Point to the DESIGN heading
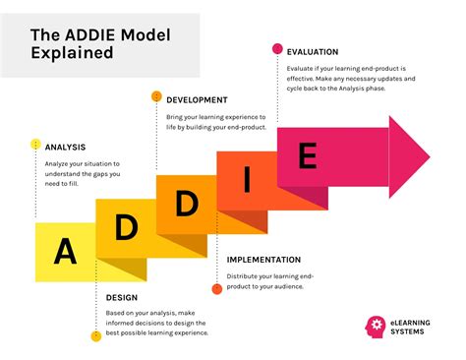click(x=121, y=297)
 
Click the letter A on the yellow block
click(x=65, y=251)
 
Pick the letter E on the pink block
click(x=307, y=156)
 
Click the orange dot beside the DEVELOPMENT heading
click(x=156, y=96)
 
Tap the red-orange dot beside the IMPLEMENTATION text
click(x=216, y=289)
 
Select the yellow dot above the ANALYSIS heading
click(x=35, y=146)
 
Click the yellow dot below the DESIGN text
click(x=96, y=336)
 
